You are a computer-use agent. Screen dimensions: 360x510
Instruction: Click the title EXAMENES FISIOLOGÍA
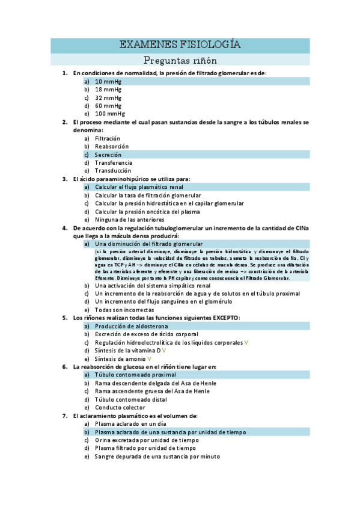coord(180,45)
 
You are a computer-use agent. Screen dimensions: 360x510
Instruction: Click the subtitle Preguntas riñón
coord(180,60)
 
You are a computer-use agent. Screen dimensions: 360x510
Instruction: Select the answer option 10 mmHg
coord(108,81)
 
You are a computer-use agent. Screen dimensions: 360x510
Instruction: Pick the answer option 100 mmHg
coord(110,113)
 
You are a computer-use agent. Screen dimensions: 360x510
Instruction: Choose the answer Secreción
coord(108,155)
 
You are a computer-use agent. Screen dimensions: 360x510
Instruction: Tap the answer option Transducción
coord(113,170)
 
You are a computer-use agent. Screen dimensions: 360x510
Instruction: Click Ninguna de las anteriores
coord(129,220)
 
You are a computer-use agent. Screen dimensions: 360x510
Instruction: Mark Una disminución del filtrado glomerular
coord(149,244)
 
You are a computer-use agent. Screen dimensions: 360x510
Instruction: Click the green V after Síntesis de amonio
coord(150,358)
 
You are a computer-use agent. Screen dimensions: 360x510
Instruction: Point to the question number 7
coord(65,416)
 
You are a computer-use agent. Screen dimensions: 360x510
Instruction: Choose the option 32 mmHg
coord(108,97)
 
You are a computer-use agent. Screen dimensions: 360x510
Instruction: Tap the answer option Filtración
coord(108,138)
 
